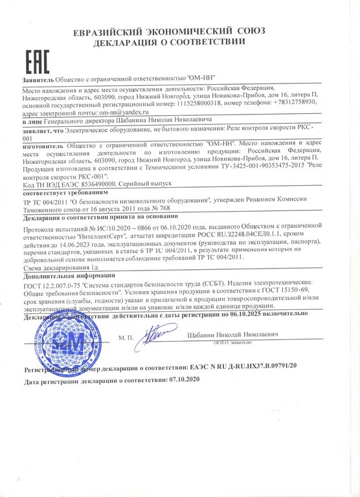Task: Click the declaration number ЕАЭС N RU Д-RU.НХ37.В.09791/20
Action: (252, 366)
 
